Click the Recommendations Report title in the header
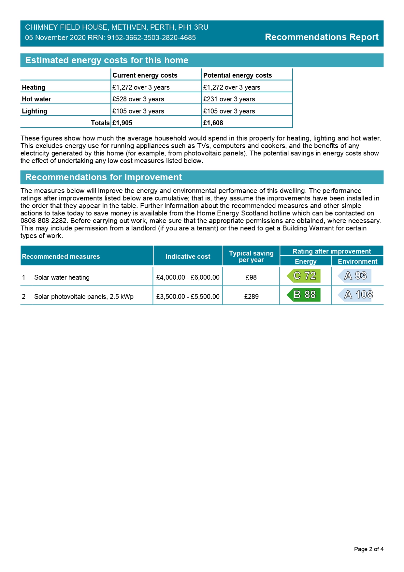point(322,37)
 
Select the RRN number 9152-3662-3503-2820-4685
point(151,38)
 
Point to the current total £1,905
point(122,123)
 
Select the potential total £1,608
point(213,123)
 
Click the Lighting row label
point(35,111)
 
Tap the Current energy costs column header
point(145,75)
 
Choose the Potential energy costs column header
point(238,75)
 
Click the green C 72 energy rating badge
point(304,276)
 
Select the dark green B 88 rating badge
point(304,295)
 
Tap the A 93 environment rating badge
point(355,276)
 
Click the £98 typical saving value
point(251,277)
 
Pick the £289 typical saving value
point(251,297)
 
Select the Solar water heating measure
point(62,277)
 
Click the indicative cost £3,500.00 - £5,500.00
point(188,297)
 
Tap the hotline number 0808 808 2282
point(43,221)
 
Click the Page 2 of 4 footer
point(368,549)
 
